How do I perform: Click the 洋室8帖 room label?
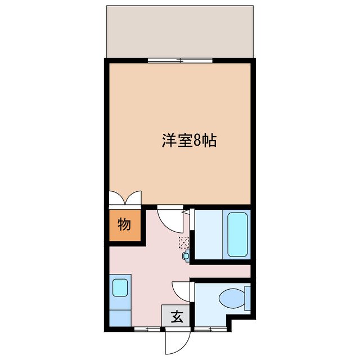[190, 141]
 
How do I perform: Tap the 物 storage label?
[124, 224]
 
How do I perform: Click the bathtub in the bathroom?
[237, 234]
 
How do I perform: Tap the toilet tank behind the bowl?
[247, 298]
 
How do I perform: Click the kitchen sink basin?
[120, 287]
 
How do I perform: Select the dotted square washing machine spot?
[183, 242]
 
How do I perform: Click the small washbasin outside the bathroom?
[187, 256]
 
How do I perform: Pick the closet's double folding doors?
[125, 198]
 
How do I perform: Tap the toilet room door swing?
[182, 291]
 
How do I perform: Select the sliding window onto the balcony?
[180, 60]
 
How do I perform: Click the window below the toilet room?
[209, 328]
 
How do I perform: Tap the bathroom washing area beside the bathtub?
[209, 235]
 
